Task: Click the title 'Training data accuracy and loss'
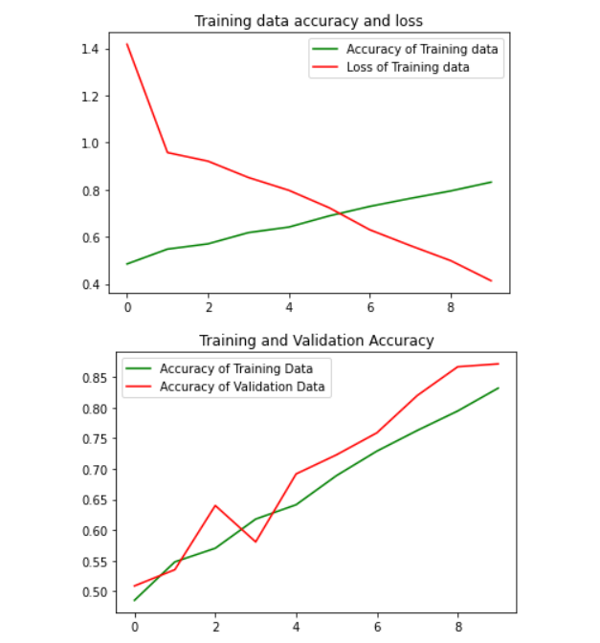point(308,21)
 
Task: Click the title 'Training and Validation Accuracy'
point(316,341)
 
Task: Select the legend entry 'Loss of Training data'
point(408,67)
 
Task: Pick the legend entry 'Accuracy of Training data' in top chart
point(422,49)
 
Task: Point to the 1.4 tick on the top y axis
point(89,49)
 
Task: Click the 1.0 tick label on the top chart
point(89,144)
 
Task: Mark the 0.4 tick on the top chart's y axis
point(89,285)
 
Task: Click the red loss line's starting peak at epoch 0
point(126,44)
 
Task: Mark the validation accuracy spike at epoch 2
point(215,505)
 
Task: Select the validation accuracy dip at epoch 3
point(256,542)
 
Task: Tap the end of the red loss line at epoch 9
point(491,280)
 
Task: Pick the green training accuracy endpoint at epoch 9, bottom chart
point(499,388)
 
